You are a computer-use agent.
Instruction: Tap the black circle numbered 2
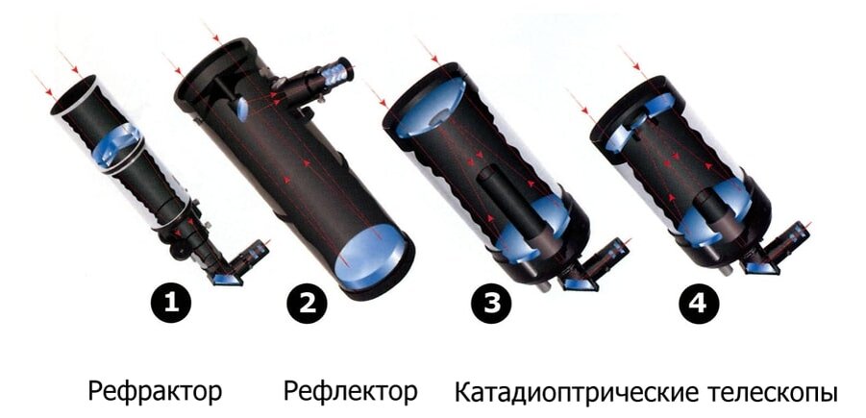click(308, 305)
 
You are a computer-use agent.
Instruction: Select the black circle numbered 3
click(491, 305)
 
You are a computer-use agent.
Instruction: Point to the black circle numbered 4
click(697, 305)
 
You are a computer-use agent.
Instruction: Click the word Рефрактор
click(155, 392)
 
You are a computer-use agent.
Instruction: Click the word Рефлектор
click(350, 392)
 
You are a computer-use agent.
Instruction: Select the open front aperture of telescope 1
click(74, 96)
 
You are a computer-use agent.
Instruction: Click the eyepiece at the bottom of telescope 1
click(251, 255)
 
